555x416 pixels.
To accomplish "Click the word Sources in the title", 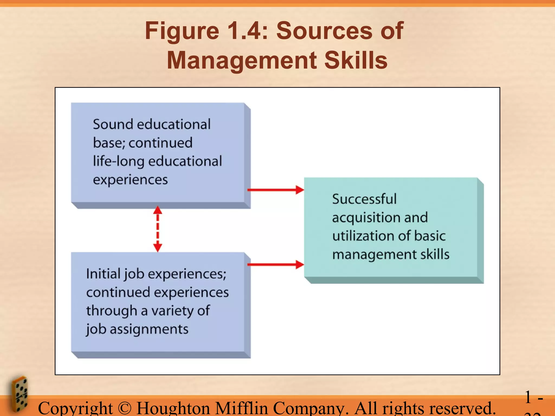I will [x=324, y=31].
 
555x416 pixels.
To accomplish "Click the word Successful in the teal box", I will [x=364, y=199].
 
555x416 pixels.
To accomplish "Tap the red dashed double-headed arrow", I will [x=158, y=229].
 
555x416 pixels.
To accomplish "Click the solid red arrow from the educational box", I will [x=275, y=190].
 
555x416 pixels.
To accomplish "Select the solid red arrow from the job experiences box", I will [x=275, y=265].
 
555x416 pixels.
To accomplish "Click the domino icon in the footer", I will [x=20, y=394].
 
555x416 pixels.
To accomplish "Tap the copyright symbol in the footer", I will [x=125, y=408].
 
